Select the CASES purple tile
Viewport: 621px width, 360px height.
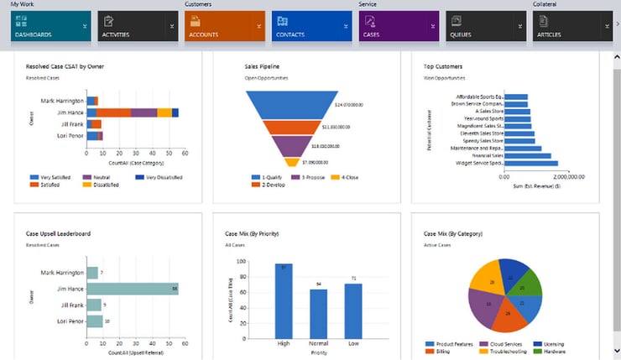point(398,27)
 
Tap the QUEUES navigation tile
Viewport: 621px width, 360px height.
point(485,27)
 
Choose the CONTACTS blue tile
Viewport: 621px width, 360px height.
point(310,27)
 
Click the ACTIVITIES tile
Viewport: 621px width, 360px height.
point(137,27)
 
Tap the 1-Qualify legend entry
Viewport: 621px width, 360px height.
point(269,177)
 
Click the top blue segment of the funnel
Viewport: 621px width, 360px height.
point(291,105)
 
